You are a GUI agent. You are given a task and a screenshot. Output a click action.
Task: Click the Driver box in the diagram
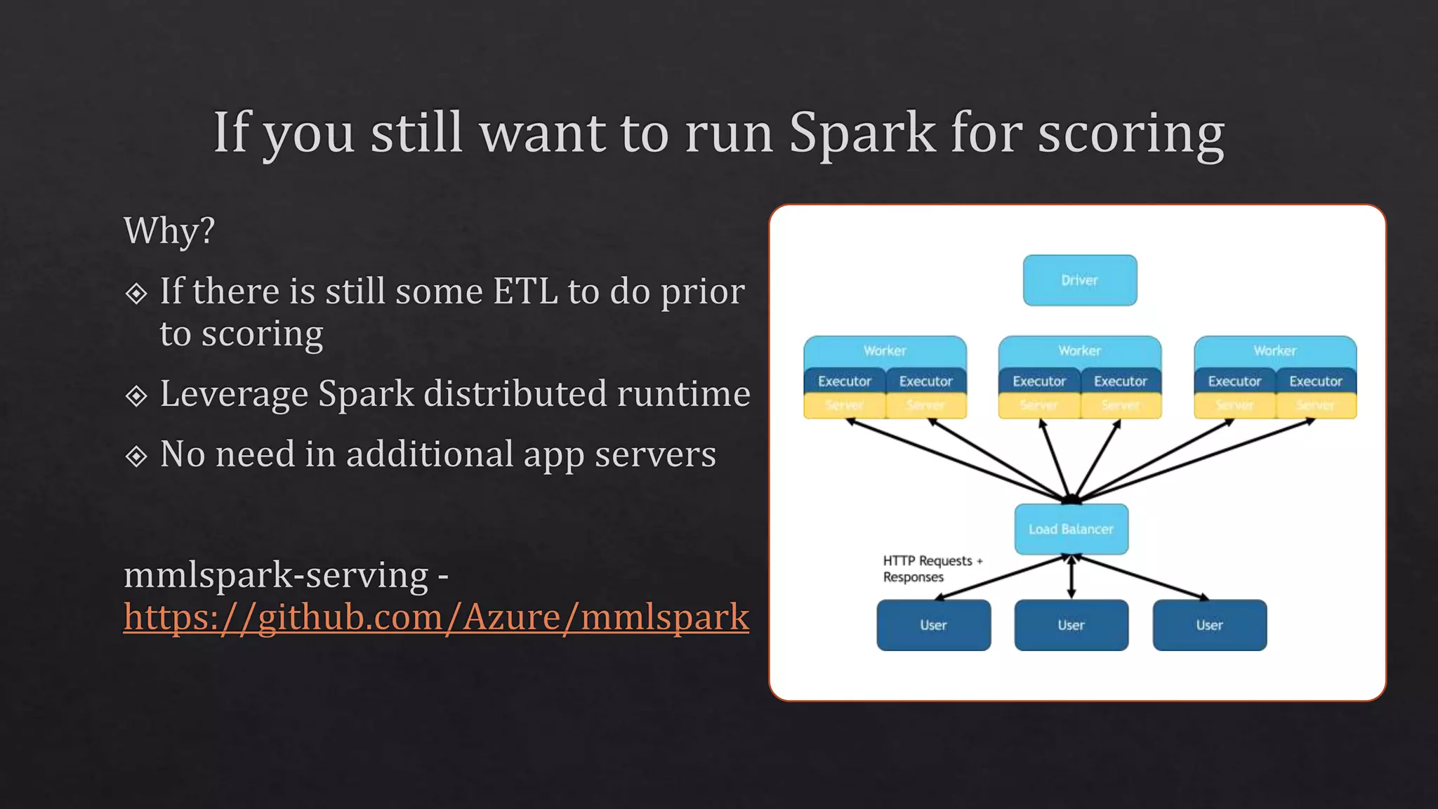[1079, 280]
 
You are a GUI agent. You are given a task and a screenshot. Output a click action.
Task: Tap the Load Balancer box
[1071, 529]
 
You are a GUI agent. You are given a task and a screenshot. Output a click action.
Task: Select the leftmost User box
[933, 625]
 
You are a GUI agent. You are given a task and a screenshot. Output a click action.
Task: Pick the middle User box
[1071, 625]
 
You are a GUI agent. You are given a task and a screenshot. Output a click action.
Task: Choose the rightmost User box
[1209, 625]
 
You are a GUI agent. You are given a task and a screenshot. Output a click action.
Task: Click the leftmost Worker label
[885, 350]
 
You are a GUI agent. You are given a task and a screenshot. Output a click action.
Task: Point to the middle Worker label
[1079, 350]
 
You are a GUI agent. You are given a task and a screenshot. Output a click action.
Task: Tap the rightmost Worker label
[1274, 350]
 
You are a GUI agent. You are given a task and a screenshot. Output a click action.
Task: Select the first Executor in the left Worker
[844, 381]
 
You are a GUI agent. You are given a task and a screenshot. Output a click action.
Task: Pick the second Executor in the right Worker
[1315, 381]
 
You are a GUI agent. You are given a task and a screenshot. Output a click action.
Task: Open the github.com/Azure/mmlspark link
[436, 617]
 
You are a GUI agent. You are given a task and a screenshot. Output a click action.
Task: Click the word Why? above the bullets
[169, 230]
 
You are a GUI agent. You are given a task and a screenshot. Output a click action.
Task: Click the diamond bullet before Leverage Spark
[136, 396]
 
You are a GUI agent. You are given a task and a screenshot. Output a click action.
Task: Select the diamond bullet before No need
[136, 456]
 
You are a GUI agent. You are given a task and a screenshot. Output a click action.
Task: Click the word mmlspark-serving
[276, 575]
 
